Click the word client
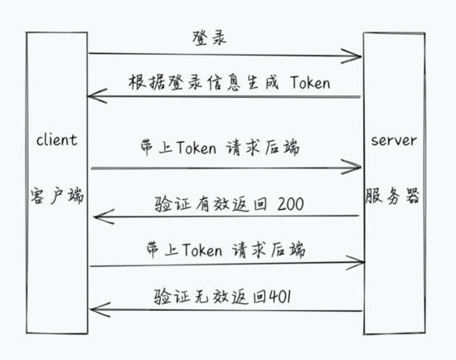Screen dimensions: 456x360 [x=57, y=140]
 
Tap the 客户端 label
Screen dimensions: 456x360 [x=57, y=196]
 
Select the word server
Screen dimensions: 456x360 [x=394, y=140]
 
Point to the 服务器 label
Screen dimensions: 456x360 [x=392, y=196]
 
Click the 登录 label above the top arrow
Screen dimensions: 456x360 [x=209, y=38]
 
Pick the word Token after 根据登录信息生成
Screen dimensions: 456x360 [x=310, y=83]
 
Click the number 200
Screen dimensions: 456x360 [x=290, y=204]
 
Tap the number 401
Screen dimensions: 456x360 [x=280, y=297]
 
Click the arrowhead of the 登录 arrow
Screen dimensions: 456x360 [x=361, y=56]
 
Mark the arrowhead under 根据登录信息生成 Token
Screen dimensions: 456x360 [x=88, y=96]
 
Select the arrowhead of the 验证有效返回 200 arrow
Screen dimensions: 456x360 [x=95, y=216]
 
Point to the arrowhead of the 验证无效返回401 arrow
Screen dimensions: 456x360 [x=90, y=309]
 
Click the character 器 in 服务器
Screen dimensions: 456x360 [x=413, y=196]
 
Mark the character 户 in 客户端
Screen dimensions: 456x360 [x=56, y=196]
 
